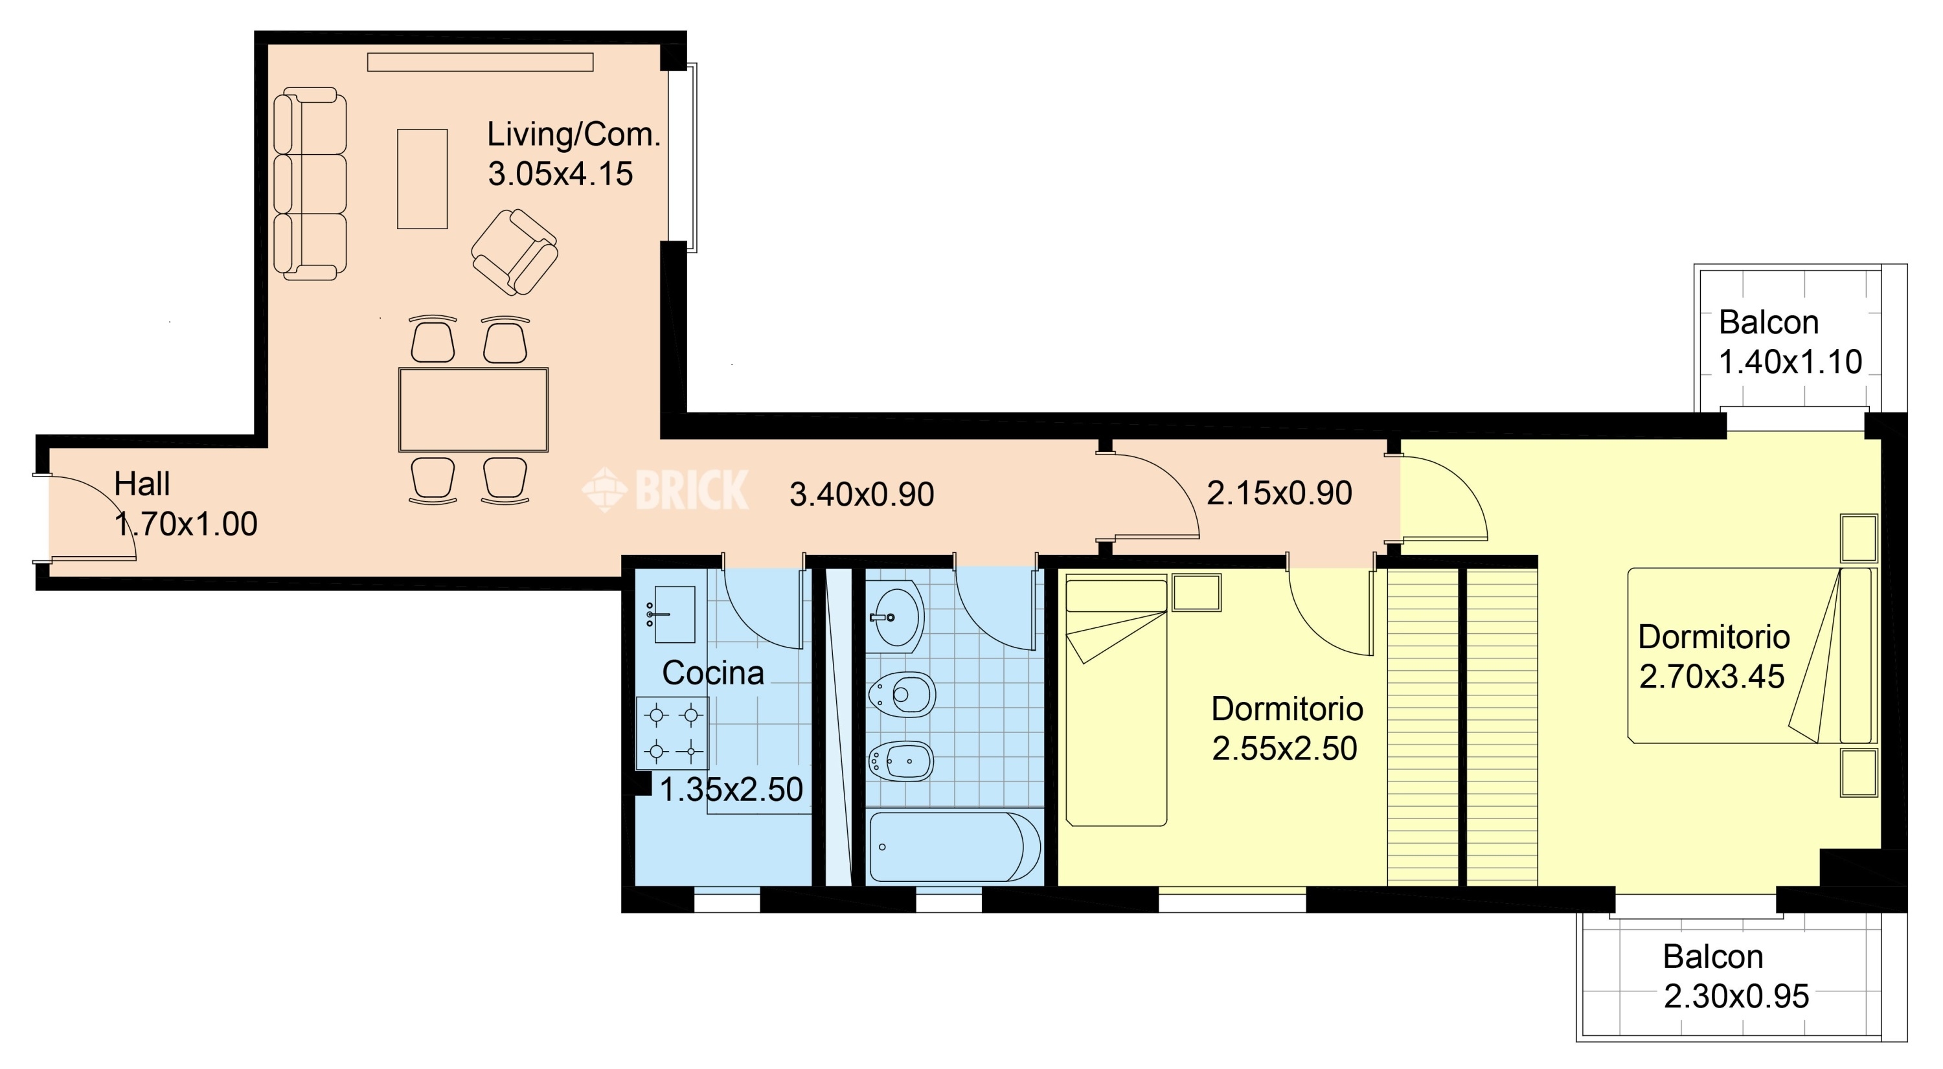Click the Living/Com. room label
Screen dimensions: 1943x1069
[573, 134]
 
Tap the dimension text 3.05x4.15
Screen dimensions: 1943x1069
[560, 174]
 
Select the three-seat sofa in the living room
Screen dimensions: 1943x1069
[310, 184]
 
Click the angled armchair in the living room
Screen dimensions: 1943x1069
[514, 252]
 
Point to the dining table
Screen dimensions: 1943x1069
[473, 410]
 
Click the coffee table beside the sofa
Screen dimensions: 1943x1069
[422, 179]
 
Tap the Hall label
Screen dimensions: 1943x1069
[142, 484]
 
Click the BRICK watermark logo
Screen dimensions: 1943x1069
[665, 490]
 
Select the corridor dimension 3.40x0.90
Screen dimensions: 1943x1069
[861, 495]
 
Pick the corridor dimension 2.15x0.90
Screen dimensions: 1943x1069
[1279, 493]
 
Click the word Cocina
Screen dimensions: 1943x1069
[713, 673]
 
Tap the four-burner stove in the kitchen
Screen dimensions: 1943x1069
[673, 733]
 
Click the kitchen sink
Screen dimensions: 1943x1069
[674, 614]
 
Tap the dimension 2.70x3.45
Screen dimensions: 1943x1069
[1711, 676]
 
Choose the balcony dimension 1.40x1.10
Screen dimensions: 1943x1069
[1790, 362]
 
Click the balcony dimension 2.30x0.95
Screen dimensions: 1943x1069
[1736, 996]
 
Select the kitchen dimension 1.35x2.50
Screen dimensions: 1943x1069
[731, 789]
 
